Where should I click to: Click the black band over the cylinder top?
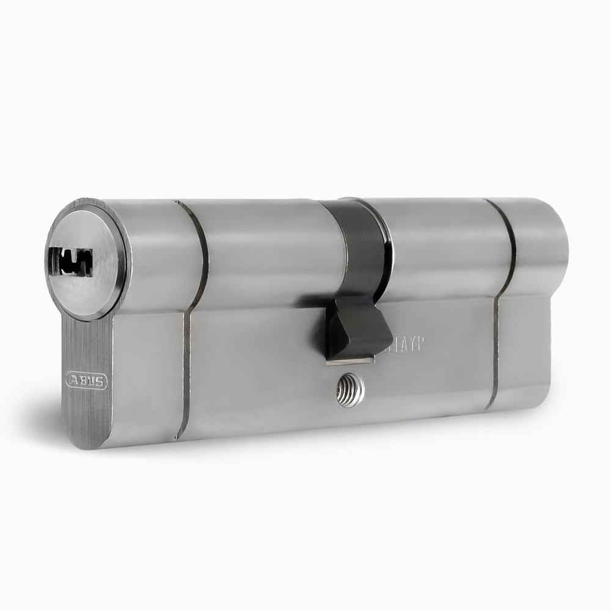[x=360, y=244]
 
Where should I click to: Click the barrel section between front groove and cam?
[x=269, y=251]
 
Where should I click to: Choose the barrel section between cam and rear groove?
[x=440, y=244]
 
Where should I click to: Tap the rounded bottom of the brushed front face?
[x=92, y=428]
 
